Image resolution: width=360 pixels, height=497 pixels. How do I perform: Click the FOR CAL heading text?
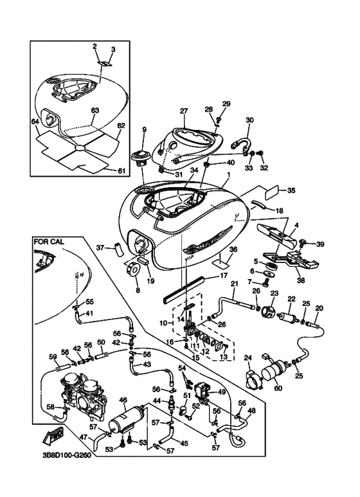(49, 242)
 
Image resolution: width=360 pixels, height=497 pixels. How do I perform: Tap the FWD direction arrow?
(53, 435)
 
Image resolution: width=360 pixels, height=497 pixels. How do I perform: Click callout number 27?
(184, 111)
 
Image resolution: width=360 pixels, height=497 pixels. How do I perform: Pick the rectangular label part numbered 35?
(271, 192)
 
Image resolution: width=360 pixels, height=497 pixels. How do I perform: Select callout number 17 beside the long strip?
(224, 276)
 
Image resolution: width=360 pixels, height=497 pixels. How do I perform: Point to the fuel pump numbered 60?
(274, 370)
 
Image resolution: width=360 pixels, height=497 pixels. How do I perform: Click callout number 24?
(248, 358)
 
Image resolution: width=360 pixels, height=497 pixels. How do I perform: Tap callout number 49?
(222, 392)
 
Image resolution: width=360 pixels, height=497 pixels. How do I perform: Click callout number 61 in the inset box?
(122, 171)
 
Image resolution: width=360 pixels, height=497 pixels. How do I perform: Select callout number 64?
(35, 122)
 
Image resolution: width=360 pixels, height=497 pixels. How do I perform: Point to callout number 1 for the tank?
(228, 175)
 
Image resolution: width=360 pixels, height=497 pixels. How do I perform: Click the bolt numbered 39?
(301, 243)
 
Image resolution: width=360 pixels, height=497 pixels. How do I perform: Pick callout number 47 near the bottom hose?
(84, 438)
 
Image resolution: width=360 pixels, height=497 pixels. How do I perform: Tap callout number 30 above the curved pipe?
(250, 120)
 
